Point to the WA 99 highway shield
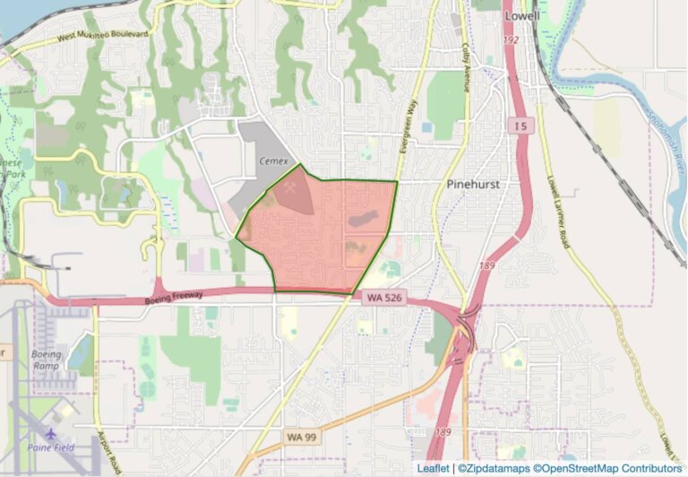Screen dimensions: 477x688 303,436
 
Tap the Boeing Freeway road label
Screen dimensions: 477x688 174,296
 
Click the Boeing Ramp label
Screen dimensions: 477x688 47,360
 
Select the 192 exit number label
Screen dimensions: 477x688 512,41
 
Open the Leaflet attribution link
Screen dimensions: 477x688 434,468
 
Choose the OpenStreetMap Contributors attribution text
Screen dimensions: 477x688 608,468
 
